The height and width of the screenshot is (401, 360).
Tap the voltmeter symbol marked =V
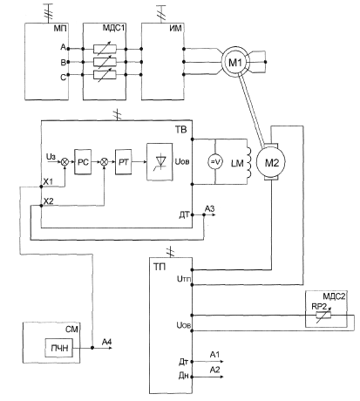pos(215,162)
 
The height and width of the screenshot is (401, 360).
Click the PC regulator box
pos(83,161)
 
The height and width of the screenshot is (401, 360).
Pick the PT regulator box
pos(123,161)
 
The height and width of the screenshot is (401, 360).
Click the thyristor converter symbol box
pos(160,162)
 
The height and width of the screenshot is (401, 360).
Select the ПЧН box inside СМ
pos(58,348)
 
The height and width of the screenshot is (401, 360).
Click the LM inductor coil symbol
pos(248,162)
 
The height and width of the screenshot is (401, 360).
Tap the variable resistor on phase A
pos(105,49)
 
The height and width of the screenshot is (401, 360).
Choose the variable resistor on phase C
pos(105,75)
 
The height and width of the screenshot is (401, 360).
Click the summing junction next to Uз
pos(65,162)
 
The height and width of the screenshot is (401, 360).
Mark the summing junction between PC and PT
pos(104,162)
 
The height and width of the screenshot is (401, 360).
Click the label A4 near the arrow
pos(106,342)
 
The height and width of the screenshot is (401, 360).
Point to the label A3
pos(209,208)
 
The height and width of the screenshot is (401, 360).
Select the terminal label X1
pos(48,181)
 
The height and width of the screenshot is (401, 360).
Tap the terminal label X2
pos(48,200)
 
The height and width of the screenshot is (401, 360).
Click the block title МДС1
pos(113,28)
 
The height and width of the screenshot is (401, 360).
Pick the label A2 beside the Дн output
pos(214,370)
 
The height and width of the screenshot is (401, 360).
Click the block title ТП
pos(160,267)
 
